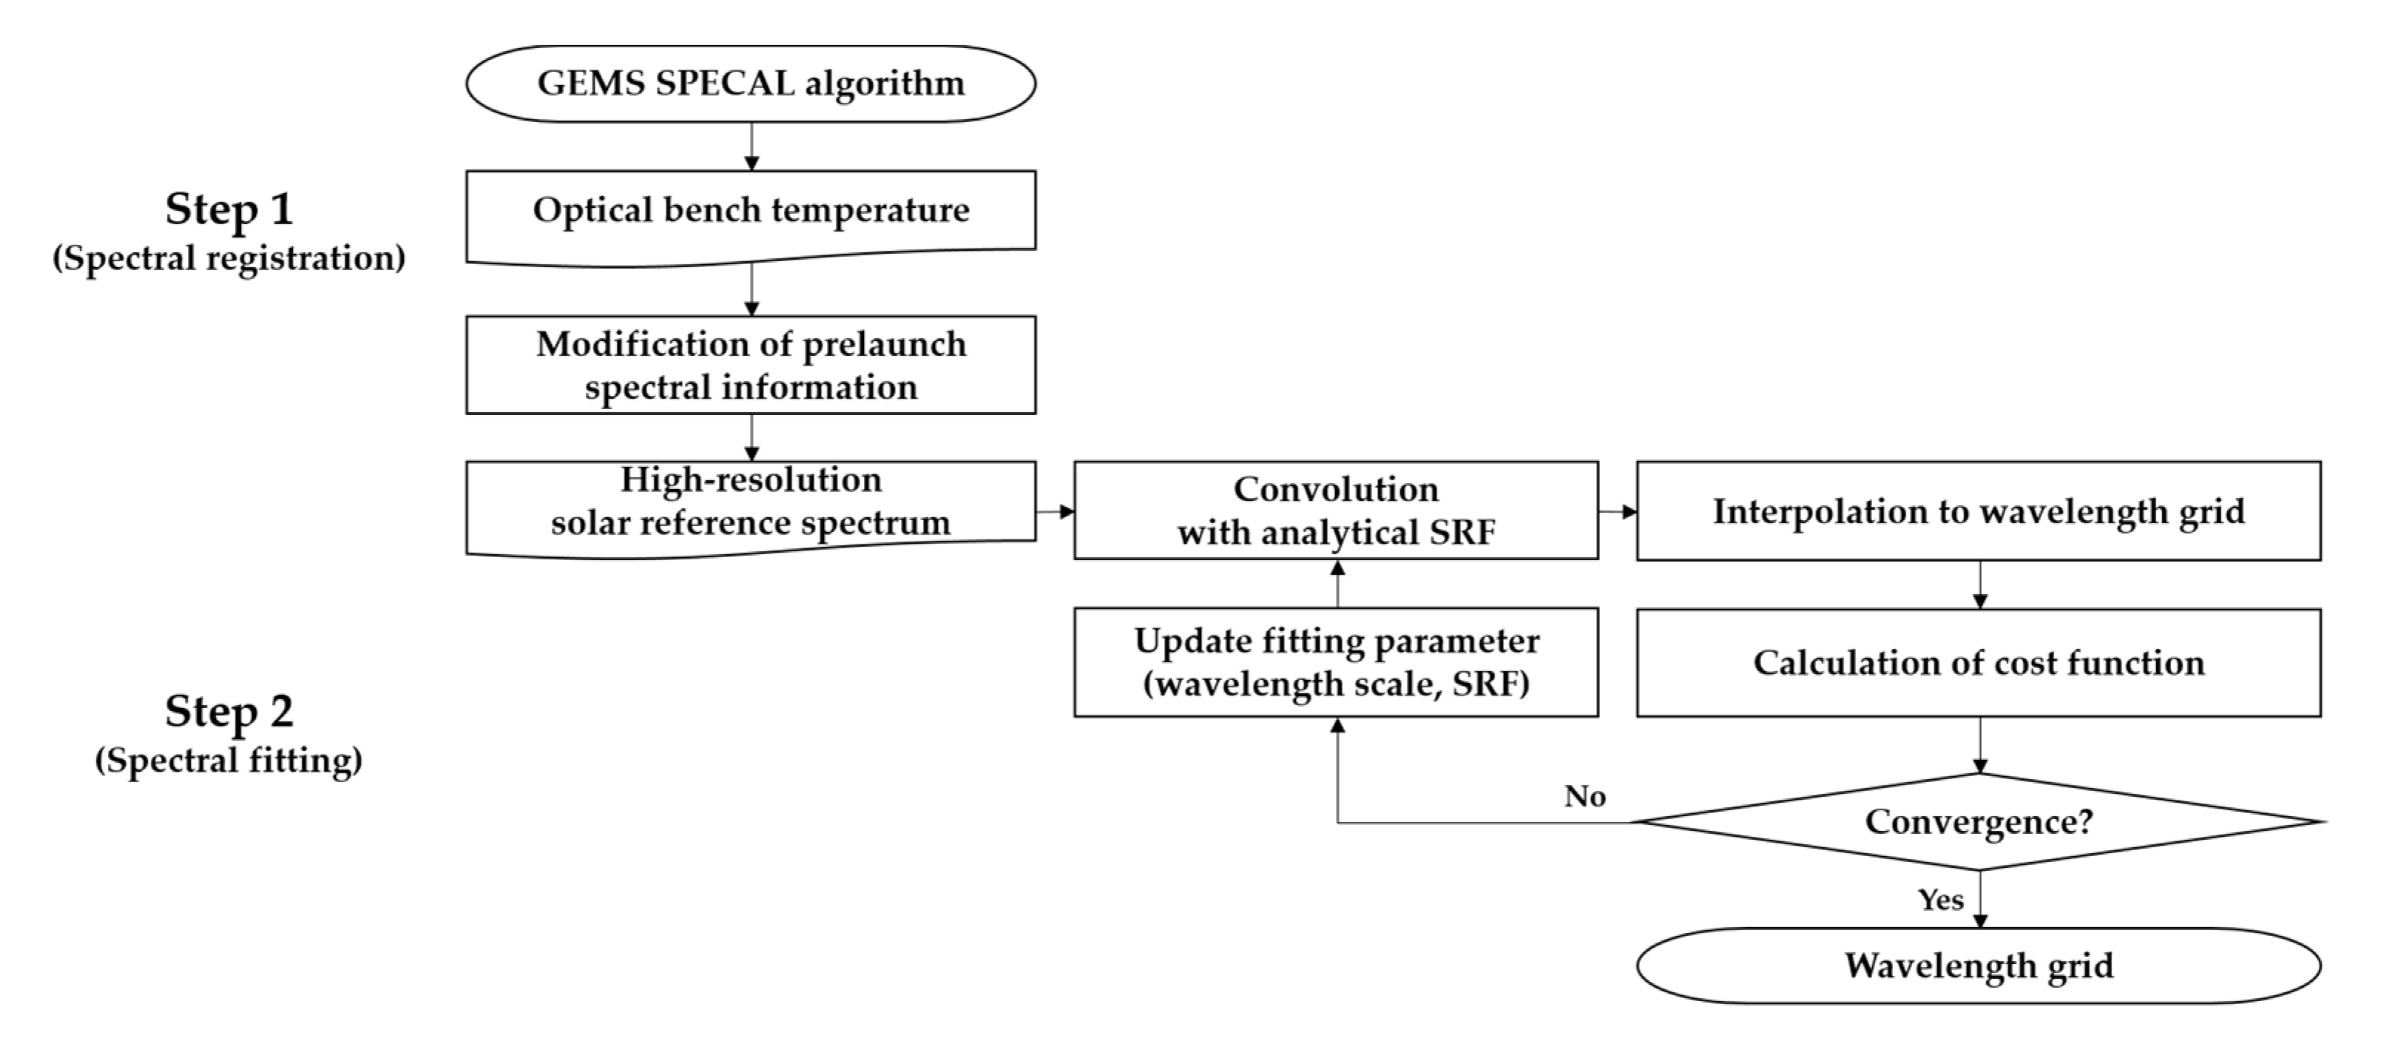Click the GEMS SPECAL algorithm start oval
751,84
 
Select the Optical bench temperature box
751,211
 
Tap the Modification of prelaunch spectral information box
751,365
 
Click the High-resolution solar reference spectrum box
751,502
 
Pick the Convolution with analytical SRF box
1335,510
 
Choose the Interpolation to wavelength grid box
1978,511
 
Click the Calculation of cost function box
1978,663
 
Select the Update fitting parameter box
1335,661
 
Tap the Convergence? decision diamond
1978,821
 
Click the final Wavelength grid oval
1978,966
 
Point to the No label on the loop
1584,796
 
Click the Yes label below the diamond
1939,900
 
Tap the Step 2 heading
229,711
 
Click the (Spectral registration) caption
229,257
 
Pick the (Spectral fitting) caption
229,760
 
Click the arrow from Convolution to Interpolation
1617,511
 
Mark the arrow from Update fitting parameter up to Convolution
1337,583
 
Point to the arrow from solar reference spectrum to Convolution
1054,511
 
